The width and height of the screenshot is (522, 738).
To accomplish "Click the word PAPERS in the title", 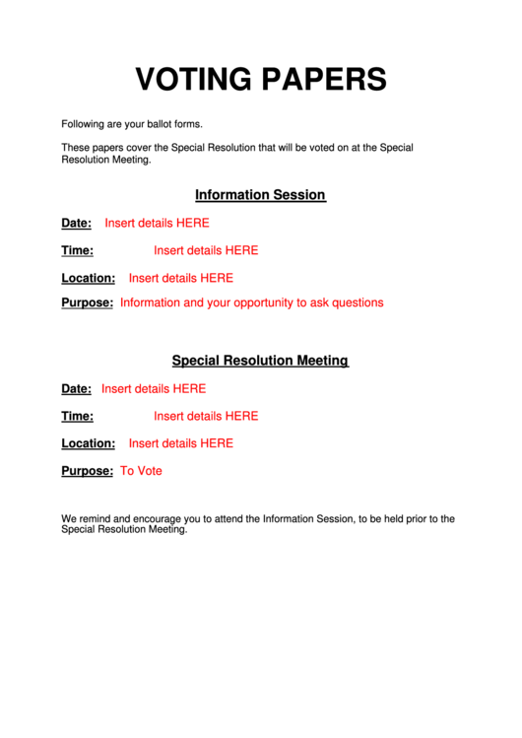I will click(321, 79).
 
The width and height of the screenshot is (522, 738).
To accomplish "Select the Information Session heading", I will click(260, 195).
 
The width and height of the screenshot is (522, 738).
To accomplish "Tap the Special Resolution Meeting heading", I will click(260, 361).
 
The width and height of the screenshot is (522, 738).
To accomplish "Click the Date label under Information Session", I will click(76, 223).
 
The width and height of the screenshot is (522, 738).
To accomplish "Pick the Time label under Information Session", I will click(77, 250).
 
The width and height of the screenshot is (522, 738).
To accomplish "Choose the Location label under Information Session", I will click(88, 278).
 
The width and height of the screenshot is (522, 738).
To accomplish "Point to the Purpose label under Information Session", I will click(87, 302).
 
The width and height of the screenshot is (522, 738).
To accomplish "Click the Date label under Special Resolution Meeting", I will click(76, 388).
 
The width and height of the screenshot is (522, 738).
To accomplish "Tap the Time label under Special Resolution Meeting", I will click(77, 416).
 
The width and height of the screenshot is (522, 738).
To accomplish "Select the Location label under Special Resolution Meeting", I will click(88, 443).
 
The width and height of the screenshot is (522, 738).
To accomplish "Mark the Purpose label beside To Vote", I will click(87, 471).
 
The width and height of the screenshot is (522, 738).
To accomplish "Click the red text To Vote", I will click(141, 471).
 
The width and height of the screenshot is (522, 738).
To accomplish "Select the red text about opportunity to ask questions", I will click(251, 302).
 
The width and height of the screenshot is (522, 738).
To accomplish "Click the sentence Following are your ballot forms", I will click(131, 124).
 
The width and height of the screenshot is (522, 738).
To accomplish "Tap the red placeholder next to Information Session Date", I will click(157, 223).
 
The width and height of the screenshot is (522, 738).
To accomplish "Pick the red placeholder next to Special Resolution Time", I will click(206, 416).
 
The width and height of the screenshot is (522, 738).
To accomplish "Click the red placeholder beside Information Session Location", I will click(180, 278).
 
